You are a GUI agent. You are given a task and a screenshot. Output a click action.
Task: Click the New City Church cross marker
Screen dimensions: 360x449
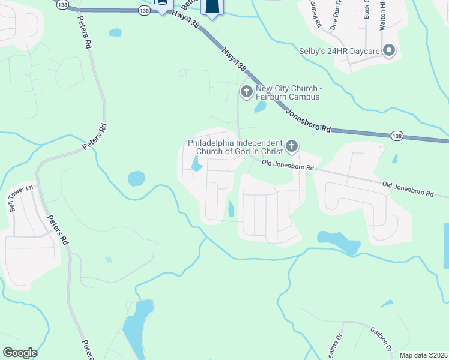246,92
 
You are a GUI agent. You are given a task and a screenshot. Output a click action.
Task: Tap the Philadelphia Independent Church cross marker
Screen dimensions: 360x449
291,146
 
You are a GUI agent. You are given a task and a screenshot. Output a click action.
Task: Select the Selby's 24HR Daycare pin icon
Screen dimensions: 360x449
389,51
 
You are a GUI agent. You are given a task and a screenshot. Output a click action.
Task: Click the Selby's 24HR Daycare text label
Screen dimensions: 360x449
339,52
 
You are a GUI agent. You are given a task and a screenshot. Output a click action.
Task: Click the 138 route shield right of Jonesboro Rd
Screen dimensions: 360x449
397,136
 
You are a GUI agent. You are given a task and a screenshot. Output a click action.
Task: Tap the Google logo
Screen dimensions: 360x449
20,353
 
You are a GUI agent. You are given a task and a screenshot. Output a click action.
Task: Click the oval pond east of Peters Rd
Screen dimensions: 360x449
136,178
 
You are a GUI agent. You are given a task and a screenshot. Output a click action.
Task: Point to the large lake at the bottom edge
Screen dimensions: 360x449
137,327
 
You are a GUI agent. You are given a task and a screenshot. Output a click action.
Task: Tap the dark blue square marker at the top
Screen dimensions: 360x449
212,6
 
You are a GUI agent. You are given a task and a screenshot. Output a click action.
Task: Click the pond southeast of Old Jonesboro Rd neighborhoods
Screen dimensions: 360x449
339,241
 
